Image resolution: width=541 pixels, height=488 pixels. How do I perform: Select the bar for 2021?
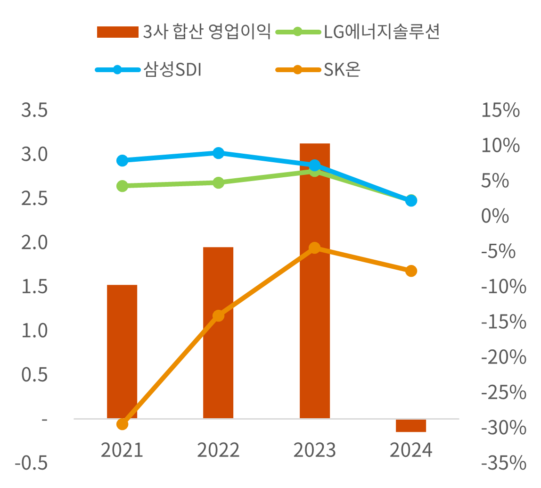coord(122,351)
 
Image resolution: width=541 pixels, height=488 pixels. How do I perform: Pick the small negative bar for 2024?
coord(411,425)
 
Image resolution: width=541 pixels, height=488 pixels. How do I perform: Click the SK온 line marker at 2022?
coord(218,315)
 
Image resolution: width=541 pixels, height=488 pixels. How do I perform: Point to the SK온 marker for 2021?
coord(122,424)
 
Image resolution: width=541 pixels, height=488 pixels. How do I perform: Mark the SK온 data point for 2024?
coord(411,271)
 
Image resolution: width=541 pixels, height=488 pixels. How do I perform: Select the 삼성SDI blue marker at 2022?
coord(218,153)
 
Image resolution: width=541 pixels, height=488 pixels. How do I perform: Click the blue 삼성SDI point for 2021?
coord(122,160)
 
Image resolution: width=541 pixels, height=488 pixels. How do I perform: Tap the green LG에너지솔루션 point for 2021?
coord(122,186)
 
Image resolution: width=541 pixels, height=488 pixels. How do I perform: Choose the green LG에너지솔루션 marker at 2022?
coord(218,182)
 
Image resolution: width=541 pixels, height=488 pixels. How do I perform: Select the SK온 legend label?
coord(342,70)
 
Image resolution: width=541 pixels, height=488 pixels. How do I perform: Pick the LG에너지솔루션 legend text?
coord(382,32)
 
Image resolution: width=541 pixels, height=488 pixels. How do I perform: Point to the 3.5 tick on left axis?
coord(34,111)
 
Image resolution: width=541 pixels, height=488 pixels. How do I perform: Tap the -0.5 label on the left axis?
coord(31,463)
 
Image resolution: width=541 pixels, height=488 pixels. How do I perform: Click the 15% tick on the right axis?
coord(500,111)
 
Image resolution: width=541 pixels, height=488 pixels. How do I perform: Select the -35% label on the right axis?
coord(503,463)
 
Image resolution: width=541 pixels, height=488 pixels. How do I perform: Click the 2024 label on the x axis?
coord(411,451)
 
